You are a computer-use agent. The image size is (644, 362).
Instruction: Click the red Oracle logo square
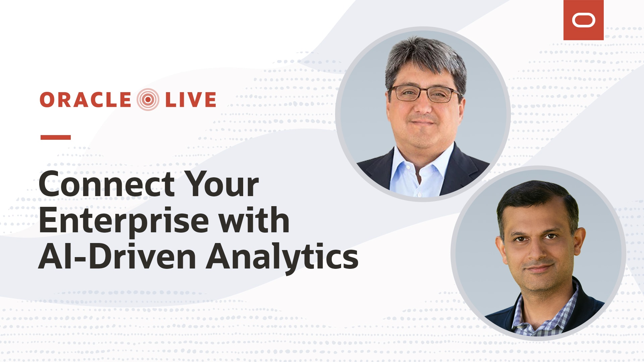(583, 20)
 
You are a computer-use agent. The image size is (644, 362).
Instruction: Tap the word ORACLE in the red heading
(86, 100)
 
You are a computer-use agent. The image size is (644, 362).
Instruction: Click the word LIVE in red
(191, 100)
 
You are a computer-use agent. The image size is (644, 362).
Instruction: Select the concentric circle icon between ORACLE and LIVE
(148, 100)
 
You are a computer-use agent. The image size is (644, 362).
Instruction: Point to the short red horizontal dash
(56, 137)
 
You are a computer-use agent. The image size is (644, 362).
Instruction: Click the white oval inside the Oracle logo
(584, 20)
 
